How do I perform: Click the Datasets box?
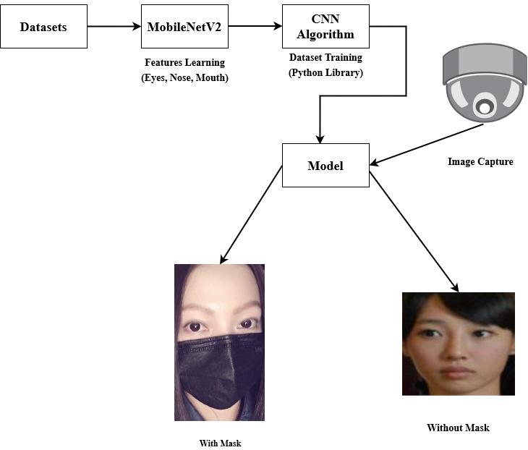click(43, 27)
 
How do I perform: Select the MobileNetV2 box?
click(184, 27)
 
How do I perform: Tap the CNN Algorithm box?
click(325, 27)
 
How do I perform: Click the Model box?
click(325, 166)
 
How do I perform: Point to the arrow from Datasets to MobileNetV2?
click(114, 27)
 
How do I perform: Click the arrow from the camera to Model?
click(427, 143)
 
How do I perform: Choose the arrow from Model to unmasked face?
click(413, 229)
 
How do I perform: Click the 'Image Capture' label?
click(480, 162)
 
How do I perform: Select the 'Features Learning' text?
click(184, 63)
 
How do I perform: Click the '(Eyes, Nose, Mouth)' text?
click(184, 78)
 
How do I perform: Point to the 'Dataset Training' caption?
click(325, 58)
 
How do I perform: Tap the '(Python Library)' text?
click(325, 73)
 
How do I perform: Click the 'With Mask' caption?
click(220, 443)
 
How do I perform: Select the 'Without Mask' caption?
click(458, 428)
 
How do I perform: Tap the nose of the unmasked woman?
click(454, 353)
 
